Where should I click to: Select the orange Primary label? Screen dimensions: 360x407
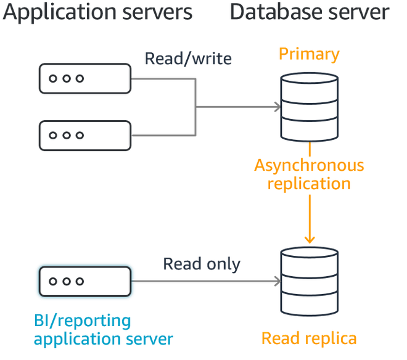click(x=309, y=54)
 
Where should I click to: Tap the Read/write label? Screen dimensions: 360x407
click(x=188, y=59)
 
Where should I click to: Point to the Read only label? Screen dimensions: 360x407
click(x=202, y=264)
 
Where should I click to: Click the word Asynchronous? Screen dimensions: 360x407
click(x=309, y=166)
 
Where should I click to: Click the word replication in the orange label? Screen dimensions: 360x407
click(x=309, y=184)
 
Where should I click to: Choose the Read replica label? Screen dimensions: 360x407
click(x=309, y=338)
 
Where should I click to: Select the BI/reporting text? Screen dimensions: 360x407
click(x=82, y=321)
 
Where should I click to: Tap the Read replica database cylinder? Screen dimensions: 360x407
click(x=309, y=282)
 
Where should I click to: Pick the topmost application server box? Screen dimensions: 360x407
click(x=85, y=78)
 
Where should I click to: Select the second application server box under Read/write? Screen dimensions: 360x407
click(x=85, y=135)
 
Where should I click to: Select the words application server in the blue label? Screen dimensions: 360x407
click(x=103, y=338)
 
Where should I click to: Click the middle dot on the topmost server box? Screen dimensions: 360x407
click(x=65, y=78)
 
